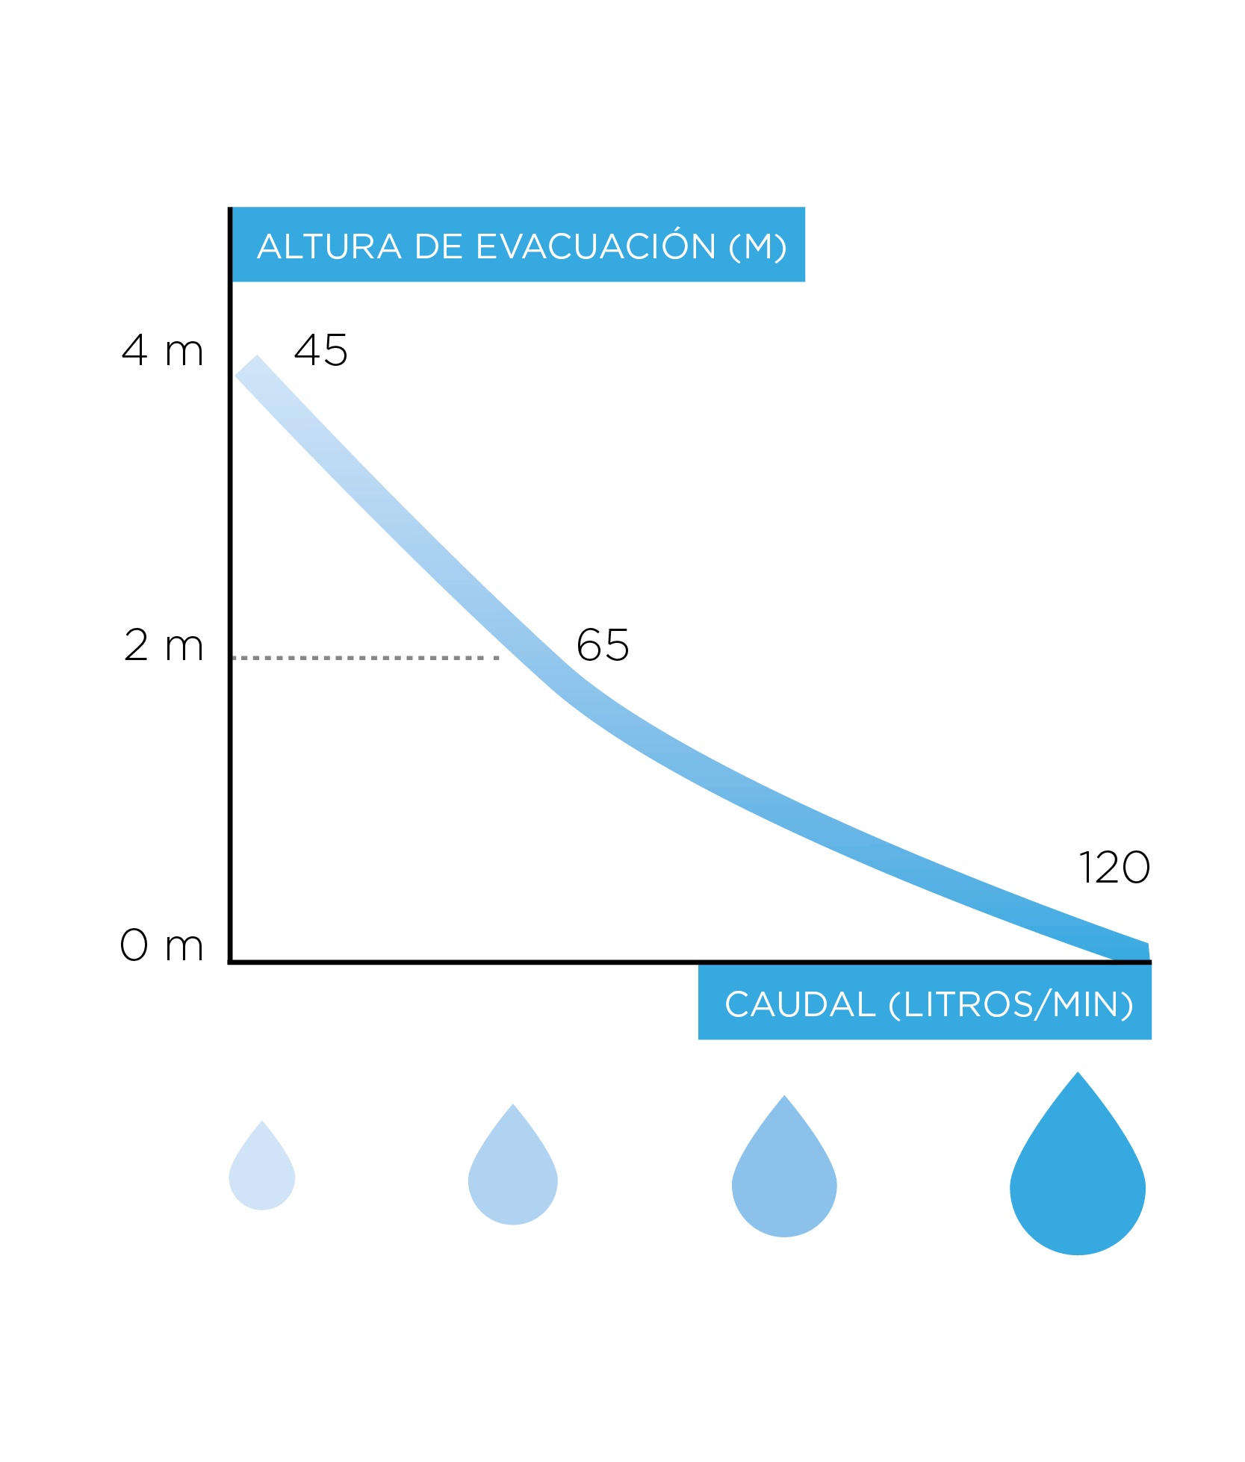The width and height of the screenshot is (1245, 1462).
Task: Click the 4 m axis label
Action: (162, 350)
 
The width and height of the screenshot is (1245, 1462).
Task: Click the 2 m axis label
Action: (163, 645)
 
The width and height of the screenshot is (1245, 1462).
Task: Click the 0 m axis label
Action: (161, 945)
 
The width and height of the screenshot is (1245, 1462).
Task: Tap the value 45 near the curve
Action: (320, 350)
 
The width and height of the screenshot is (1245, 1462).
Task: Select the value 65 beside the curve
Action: (602, 645)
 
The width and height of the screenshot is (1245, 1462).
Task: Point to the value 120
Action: (1114, 868)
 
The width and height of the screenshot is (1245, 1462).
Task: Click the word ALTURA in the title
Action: (329, 247)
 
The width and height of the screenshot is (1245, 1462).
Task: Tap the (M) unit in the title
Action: (757, 247)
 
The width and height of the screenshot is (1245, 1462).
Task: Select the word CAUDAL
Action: (800, 1005)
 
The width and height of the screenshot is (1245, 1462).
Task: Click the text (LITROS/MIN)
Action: (1010, 1005)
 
